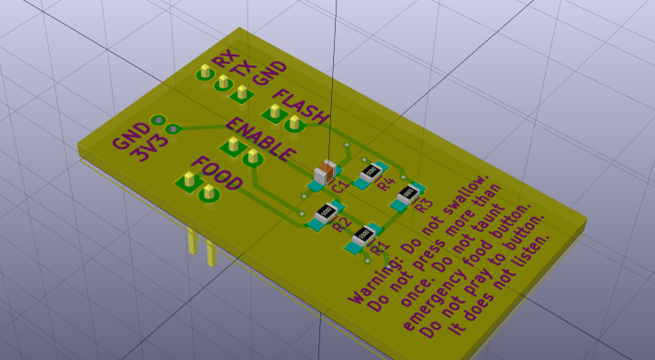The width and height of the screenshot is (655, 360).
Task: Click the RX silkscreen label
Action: pyautogui.click(x=226, y=59)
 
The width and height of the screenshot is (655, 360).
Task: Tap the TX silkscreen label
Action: pyautogui.click(x=245, y=68)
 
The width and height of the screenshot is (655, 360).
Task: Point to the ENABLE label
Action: pyautogui.click(x=261, y=139)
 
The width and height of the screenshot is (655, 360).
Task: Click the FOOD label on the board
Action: pyautogui.click(x=218, y=173)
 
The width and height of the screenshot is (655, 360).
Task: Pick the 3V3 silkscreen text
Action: pyautogui.click(x=149, y=147)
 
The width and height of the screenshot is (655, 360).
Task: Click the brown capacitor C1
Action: pyautogui.click(x=326, y=172)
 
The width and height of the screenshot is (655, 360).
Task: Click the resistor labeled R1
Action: pyautogui.click(x=363, y=236)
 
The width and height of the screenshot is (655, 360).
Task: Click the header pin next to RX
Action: pyautogui.click(x=205, y=72)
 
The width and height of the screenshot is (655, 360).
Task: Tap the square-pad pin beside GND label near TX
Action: pyautogui.click(x=241, y=93)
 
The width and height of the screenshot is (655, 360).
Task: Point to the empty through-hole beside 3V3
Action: pyautogui.click(x=172, y=128)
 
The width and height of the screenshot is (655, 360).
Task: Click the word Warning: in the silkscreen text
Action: pyautogui.click(x=373, y=279)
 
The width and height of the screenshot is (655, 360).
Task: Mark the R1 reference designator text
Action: pyautogui.click(x=380, y=246)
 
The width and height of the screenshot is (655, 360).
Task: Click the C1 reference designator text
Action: pyautogui.click(x=340, y=185)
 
